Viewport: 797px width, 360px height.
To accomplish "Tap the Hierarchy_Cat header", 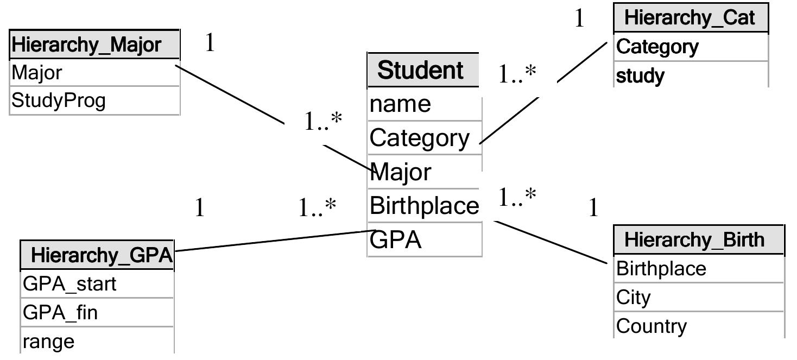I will tap(690, 18).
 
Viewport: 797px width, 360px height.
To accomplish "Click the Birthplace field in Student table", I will tap(424, 206).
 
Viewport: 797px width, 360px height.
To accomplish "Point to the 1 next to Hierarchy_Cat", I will tap(579, 19).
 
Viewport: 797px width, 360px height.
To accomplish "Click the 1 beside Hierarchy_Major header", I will tap(210, 43).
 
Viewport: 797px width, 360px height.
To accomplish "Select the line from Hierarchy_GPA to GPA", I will tap(271, 241).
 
